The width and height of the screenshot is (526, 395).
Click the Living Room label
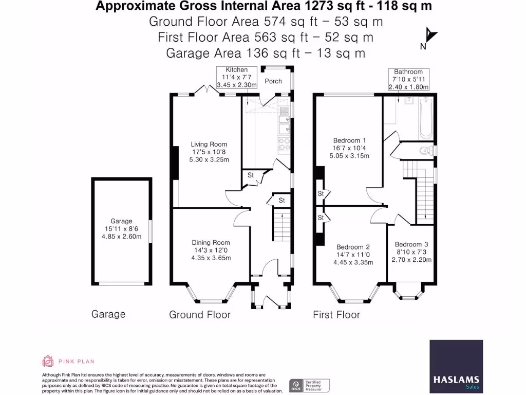coord(209,145)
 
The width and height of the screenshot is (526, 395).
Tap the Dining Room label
coord(211,243)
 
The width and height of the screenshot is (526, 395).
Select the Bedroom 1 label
coord(349,140)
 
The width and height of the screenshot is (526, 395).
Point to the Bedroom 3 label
coord(411,244)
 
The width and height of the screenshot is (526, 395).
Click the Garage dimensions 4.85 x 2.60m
coord(121,237)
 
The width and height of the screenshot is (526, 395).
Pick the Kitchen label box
coord(236,77)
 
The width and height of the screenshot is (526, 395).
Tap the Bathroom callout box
coord(408,79)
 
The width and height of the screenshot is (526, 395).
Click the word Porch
coord(273,81)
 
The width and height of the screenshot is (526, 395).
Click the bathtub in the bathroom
coord(426,118)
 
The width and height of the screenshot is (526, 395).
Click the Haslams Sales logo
coord(456,366)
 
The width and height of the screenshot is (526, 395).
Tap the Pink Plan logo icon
coord(48,361)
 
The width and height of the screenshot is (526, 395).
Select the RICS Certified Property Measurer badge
coord(309,385)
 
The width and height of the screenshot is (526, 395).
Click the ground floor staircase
coord(282,224)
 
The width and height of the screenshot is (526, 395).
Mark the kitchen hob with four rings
coord(284,145)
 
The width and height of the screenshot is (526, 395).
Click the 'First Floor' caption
coord(336,315)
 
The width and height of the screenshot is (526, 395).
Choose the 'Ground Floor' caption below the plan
coord(200,315)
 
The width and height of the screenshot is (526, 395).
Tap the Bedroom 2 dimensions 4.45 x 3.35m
coord(353,262)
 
